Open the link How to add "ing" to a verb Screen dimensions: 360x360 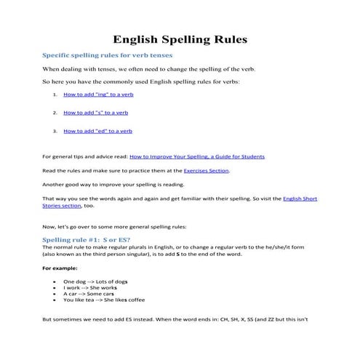(x=97, y=95)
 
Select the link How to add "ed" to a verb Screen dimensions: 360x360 (x=97, y=131)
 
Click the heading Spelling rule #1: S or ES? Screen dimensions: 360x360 (x=87, y=239)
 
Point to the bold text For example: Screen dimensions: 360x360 (x=62, y=268)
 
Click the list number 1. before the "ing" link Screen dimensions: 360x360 (x=55, y=95)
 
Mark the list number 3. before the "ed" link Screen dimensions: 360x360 (x=55, y=131)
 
